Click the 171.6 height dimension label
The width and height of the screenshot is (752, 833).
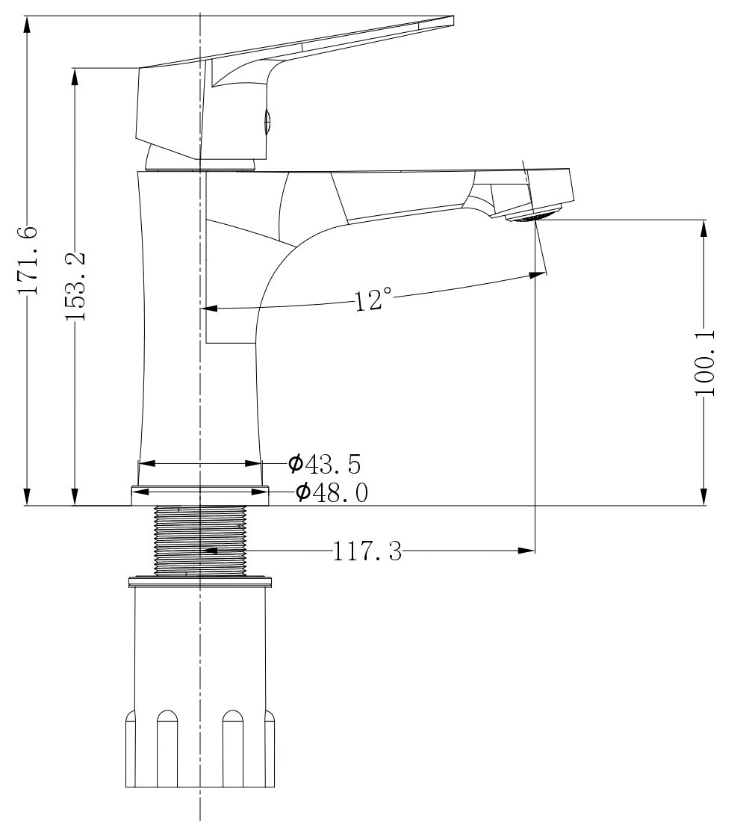click(x=27, y=260)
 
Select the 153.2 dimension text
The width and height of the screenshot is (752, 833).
click(x=76, y=285)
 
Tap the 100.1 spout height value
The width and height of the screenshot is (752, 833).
click(x=705, y=362)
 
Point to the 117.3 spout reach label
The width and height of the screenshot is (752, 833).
click(x=367, y=551)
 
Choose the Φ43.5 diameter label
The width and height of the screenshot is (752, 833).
click(x=325, y=464)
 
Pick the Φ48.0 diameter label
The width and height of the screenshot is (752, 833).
click(x=332, y=492)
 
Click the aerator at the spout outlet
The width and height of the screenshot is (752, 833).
click(x=533, y=214)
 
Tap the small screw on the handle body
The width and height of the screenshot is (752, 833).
click(x=267, y=120)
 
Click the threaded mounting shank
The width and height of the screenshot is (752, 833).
click(x=200, y=540)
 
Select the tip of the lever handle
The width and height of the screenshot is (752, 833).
click(x=453, y=20)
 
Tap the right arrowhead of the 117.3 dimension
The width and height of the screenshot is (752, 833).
click(x=526, y=551)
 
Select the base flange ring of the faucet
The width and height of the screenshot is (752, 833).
click(x=200, y=495)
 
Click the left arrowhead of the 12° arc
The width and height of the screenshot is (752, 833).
click(x=209, y=308)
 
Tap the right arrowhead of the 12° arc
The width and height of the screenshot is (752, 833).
click(x=537, y=274)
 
